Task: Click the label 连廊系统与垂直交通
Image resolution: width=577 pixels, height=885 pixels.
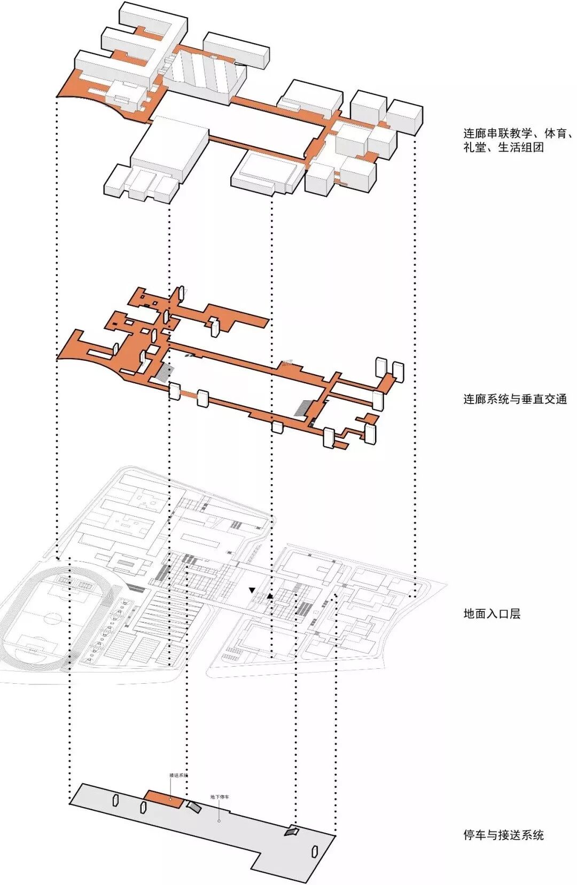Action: pyautogui.click(x=514, y=399)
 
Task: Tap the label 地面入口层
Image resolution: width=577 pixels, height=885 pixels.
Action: pyautogui.click(x=492, y=613)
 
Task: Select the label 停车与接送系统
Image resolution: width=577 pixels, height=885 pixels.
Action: pyautogui.click(x=503, y=835)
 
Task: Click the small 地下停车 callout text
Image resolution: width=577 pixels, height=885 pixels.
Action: pyautogui.click(x=220, y=797)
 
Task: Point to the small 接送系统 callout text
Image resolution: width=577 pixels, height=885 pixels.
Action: pyautogui.click(x=178, y=775)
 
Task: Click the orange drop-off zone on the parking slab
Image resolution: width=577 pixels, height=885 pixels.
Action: pyautogui.click(x=165, y=797)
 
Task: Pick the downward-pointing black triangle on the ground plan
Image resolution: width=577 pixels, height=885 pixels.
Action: pyautogui.click(x=252, y=590)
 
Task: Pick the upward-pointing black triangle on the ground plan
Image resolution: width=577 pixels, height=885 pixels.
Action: pyautogui.click(x=270, y=596)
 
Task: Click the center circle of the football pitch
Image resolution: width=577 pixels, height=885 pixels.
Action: pyautogui.click(x=53, y=619)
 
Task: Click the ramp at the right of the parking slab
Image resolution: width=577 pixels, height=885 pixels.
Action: pyautogui.click(x=292, y=831)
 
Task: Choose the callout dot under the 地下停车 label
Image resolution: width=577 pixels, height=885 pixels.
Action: pyautogui.click(x=219, y=821)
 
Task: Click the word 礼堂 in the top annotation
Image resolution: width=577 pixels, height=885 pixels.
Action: pyautogui.click(x=474, y=147)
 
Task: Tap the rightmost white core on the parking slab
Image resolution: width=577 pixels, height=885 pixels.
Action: pyautogui.click(x=315, y=851)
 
